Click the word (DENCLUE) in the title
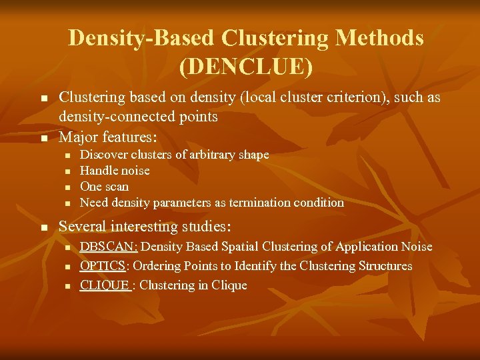pyautogui.click(x=245, y=66)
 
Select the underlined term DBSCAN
pyautogui.click(x=107, y=247)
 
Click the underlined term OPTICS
pyautogui.click(x=103, y=266)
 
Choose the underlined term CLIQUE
pyautogui.click(x=105, y=285)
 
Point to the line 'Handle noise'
pyautogui.click(x=115, y=171)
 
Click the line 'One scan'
pyautogui.click(x=104, y=187)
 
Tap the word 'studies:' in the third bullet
pyautogui.click(x=206, y=227)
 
